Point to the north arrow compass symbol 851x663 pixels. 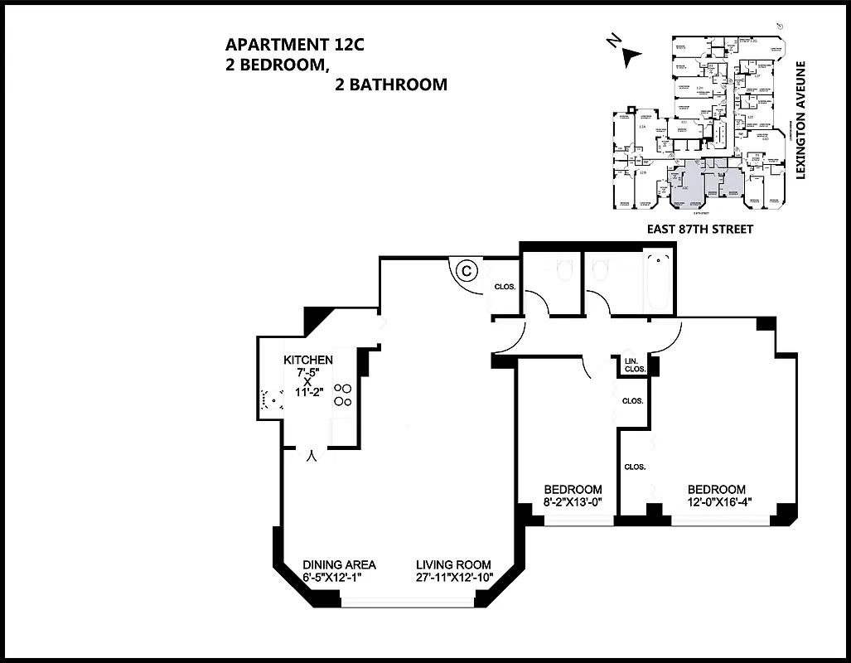[629, 55]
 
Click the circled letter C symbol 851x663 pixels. [467, 269]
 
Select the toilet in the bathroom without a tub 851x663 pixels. [564, 269]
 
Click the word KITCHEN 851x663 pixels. [308, 360]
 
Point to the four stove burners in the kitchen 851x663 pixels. [342, 394]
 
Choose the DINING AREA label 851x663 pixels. [339, 565]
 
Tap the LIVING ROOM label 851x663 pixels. [453, 565]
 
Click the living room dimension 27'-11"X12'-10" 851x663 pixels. [454, 578]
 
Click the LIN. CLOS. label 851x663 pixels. [635, 365]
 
